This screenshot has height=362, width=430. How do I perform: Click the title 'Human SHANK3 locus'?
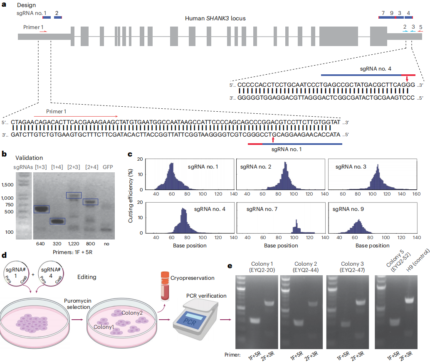click(215, 19)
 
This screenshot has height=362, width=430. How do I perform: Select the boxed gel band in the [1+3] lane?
click(41, 209)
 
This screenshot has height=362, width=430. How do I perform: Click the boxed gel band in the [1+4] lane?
click(57, 221)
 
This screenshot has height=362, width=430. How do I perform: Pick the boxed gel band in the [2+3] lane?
click(74, 195)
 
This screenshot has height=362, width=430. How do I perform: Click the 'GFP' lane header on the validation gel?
click(108, 167)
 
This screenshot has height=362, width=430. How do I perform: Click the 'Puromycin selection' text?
click(79, 303)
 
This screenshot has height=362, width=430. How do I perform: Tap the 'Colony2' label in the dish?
click(132, 312)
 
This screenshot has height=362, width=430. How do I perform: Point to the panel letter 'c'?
click(130, 154)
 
